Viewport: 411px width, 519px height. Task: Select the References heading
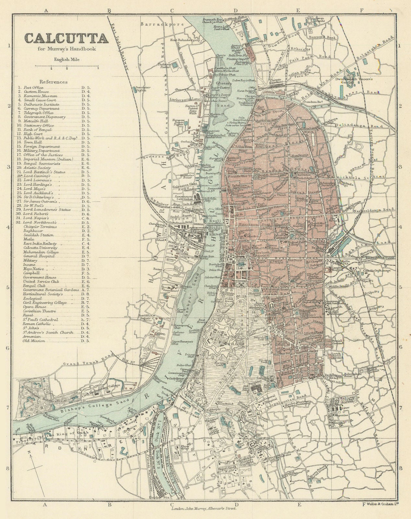53,82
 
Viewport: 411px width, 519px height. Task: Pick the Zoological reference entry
32,298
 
